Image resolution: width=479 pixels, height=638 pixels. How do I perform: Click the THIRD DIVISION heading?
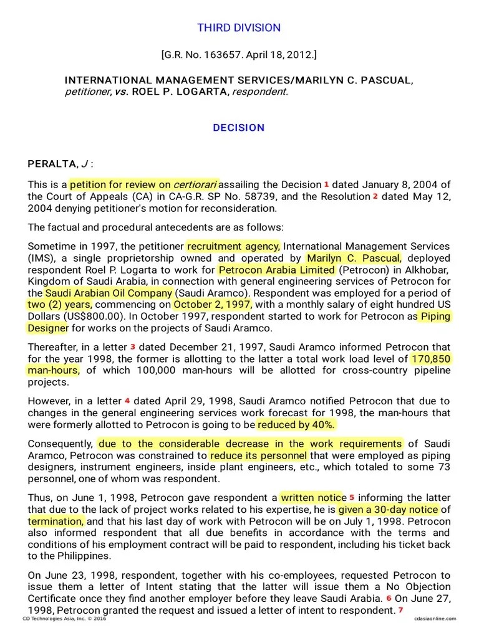click(239, 27)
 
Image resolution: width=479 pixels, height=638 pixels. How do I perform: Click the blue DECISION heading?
click(239, 128)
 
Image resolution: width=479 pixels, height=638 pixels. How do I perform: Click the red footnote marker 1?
click(326, 184)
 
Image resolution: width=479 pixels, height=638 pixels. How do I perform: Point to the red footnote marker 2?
click(375, 196)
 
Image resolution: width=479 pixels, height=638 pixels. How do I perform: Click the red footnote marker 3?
click(132, 346)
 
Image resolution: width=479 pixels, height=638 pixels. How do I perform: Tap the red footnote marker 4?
click(127, 401)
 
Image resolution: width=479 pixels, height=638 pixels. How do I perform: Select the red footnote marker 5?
click(352, 497)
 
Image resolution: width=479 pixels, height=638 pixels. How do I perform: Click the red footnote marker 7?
click(401, 610)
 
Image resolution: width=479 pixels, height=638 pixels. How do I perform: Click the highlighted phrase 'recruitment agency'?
click(233, 246)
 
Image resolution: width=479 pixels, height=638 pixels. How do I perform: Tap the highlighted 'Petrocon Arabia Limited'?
click(276, 270)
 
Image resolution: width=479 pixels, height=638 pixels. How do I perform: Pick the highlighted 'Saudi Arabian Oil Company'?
click(108, 293)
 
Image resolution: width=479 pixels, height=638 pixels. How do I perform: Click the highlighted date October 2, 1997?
click(212, 305)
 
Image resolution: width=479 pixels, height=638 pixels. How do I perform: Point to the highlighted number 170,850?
click(430, 359)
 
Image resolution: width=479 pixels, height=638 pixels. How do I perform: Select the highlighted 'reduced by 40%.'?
click(296, 424)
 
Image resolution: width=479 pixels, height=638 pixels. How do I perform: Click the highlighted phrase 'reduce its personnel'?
click(258, 455)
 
